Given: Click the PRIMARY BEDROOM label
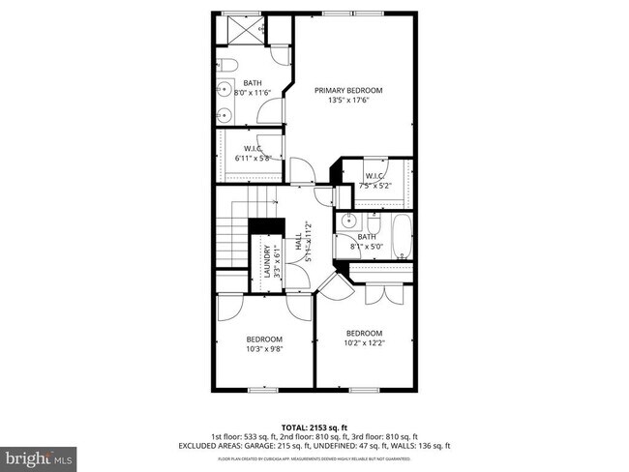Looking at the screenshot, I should point(348,90).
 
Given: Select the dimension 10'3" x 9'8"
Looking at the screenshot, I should point(263,350).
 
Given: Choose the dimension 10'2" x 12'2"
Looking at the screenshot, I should point(365,343).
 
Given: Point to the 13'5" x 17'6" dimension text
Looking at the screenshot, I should point(348,101).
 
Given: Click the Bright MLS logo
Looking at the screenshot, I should point(39,454).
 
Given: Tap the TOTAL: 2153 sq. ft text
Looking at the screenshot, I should point(314,427).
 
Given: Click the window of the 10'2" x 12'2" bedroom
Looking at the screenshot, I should point(363,390).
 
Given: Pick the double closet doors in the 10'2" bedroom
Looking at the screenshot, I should point(386,291).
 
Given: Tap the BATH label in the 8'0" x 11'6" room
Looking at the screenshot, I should point(253,82).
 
